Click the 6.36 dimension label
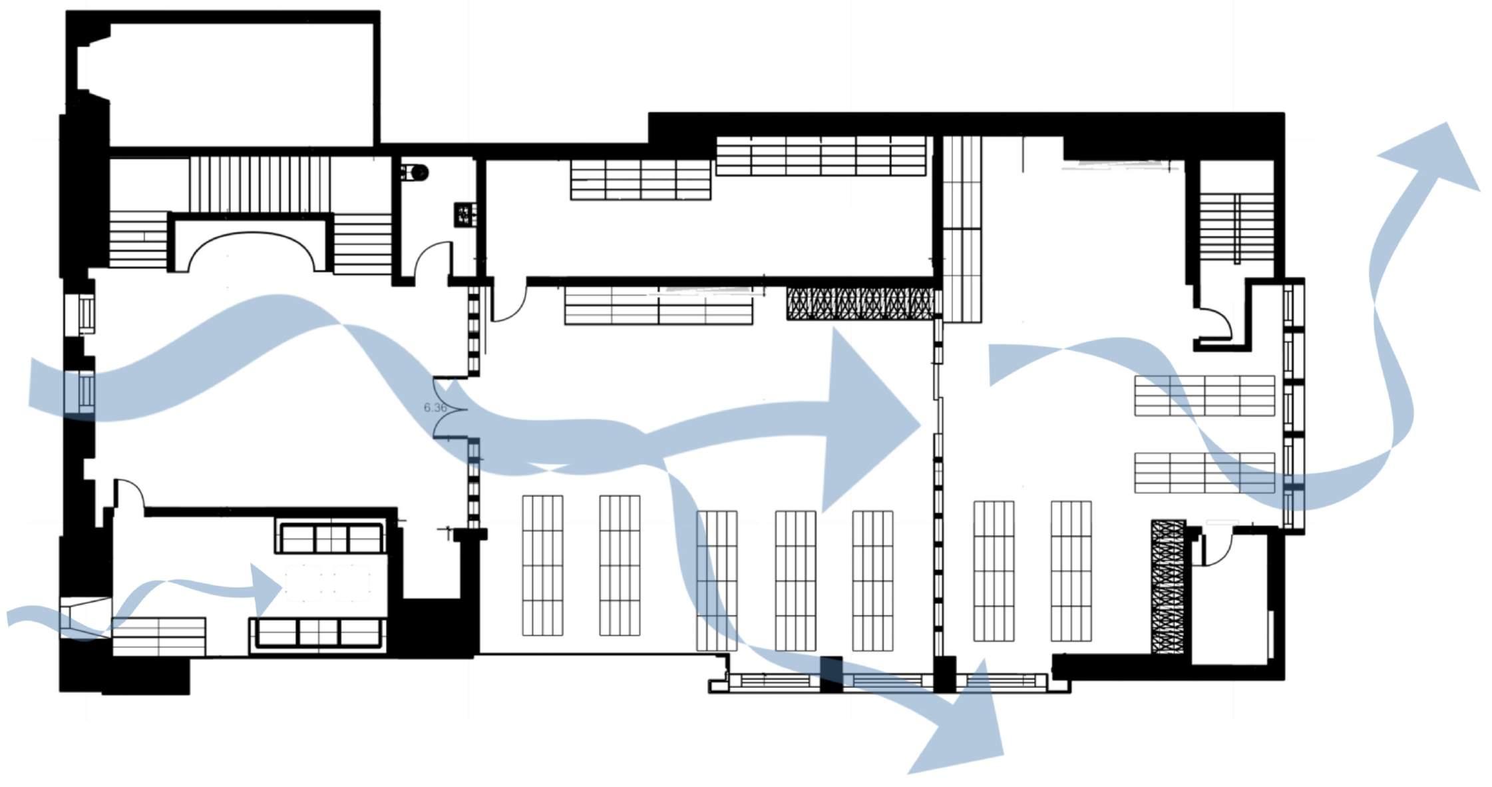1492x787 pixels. [435, 407]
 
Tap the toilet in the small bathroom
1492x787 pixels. [417, 173]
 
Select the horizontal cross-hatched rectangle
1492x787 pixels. [860, 304]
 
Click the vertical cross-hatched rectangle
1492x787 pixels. [1168, 586]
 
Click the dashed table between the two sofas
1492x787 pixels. [327, 583]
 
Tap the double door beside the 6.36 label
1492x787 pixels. [447, 407]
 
